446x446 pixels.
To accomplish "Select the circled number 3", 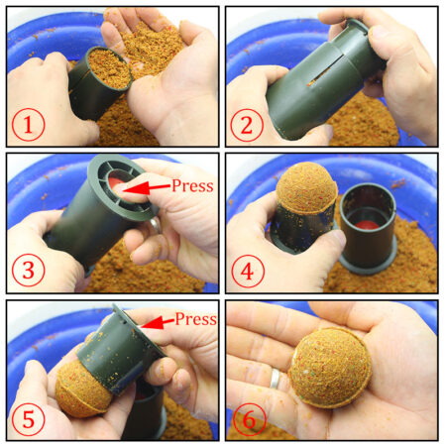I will coord(30,273).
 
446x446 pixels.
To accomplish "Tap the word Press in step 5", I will coord(195,319).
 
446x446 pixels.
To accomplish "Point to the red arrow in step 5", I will coord(157,320).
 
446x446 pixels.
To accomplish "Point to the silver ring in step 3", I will coord(157,225).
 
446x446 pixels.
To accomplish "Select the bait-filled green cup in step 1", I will coord(99,84).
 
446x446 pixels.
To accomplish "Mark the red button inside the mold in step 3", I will coord(119,185).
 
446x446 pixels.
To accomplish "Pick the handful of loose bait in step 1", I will coord(149,40).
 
